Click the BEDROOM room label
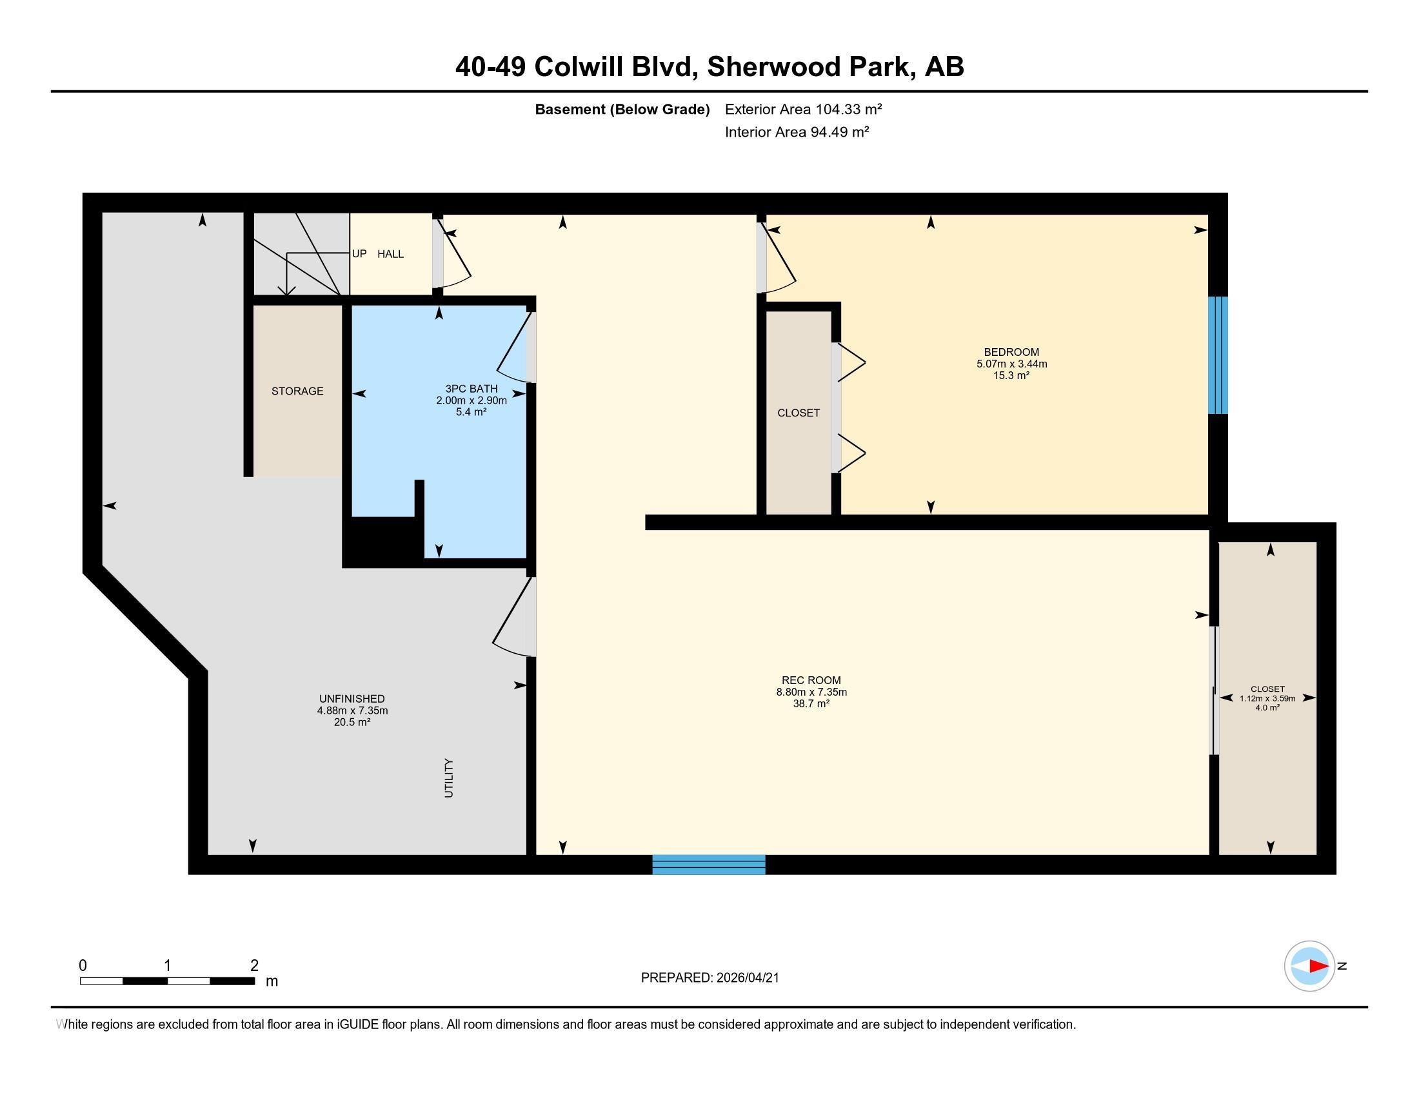click(1011, 353)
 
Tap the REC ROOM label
click(811, 680)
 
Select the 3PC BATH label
click(471, 389)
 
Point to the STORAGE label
click(297, 391)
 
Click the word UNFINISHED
click(352, 699)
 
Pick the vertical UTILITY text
click(448, 778)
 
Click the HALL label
click(390, 254)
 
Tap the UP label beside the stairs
click(359, 253)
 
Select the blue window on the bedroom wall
click(1218, 355)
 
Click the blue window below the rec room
click(708, 864)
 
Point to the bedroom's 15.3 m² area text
click(1011, 375)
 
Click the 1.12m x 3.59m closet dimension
click(1267, 699)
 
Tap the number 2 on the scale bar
click(254, 965)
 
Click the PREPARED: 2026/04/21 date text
click(709, 978)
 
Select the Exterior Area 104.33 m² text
click(803, 109)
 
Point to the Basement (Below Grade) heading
click(622, 109)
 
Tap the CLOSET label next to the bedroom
click(799, 413)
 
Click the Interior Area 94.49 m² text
click(797, 132)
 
